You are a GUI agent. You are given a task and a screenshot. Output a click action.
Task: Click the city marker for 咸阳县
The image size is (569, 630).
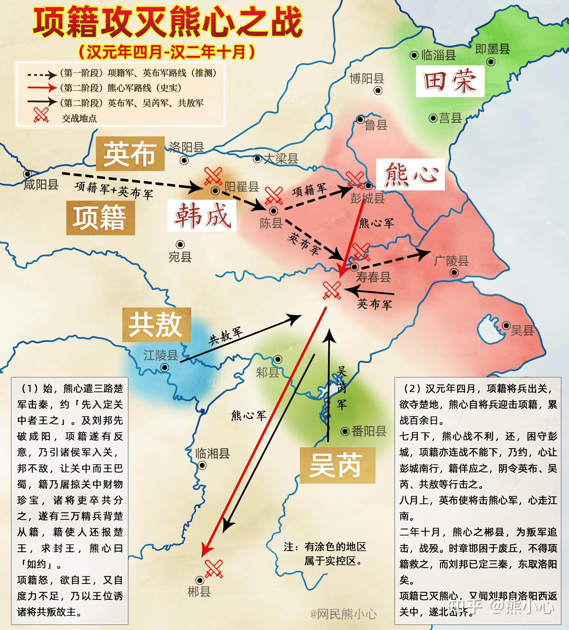click(x=28, y=174)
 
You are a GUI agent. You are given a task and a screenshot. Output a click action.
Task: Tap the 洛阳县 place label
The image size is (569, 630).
click(x=187, y=147)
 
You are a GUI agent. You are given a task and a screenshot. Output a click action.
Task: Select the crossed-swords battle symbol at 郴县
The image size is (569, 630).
click(x=214, y=569)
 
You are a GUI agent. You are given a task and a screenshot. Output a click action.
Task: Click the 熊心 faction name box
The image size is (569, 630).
click(x=410, y=174)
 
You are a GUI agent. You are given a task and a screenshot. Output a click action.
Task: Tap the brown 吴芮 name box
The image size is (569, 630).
click(x=337, y=465)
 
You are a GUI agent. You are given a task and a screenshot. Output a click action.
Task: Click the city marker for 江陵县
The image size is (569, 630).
click(x=164, y=367)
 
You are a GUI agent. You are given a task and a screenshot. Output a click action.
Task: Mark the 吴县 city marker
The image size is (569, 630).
click(x=506, y=325)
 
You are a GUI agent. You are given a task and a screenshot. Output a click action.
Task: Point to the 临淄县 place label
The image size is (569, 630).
click(x=439, y=55)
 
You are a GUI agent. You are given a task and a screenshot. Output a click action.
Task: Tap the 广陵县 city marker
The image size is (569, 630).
click(x=454, y=273)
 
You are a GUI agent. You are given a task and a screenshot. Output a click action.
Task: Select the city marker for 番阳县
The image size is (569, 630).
click(x=345, y=431)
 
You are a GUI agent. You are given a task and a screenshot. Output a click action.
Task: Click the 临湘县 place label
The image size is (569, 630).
click(x=213, y=453)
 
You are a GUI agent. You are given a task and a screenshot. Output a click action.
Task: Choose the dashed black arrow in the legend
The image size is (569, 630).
click(x=42, y=75)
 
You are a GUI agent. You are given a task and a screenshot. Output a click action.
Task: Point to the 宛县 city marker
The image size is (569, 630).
click(x=180, y=244)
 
